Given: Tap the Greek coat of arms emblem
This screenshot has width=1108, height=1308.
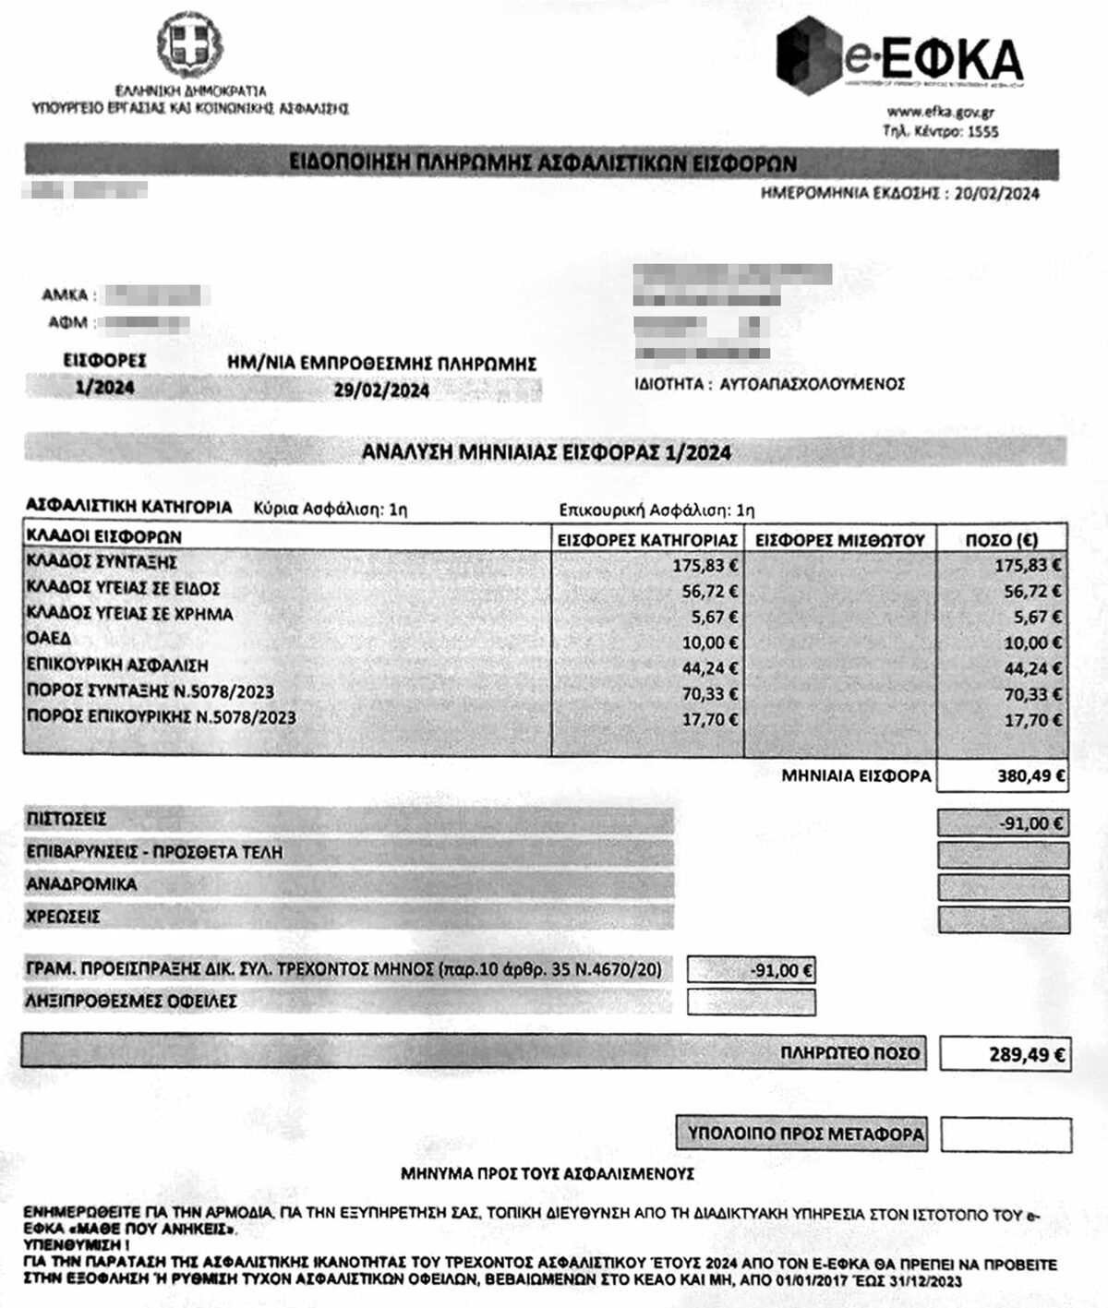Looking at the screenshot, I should pyautogui.click(x=189, y=46).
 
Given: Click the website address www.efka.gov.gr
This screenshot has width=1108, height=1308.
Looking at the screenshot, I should pyautogui.click(x=940, y=113).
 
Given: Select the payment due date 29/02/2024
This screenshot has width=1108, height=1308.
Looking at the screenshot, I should pyautogui.click(x=381, y=390).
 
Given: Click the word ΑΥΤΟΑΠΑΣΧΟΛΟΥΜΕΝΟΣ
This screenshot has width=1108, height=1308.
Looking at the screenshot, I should pyautogui.click(x=812, y=384).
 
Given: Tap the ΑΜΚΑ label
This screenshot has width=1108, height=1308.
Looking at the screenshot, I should pyautogui.click(x=65, y=295).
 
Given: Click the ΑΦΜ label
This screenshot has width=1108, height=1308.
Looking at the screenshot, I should pyautogui.click(x=67, y=323).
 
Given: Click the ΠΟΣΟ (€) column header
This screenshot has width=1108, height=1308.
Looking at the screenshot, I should pyautogui.click(x=1001, y=540).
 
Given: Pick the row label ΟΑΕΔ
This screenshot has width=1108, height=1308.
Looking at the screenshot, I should pyautogui.click(x=48, y=639).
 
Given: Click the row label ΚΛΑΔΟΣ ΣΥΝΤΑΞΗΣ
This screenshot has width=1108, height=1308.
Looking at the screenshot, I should pyautogui.click(x=102, y=562).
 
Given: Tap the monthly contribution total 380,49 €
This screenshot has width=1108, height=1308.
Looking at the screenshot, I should pyautogui.click(x=1030, y=776).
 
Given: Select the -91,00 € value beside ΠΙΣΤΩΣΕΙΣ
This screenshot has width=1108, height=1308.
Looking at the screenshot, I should pyautogui.click(x=1031, y=823).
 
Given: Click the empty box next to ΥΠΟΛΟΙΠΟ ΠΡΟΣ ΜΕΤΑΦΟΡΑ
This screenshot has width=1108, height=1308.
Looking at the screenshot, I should pyautogui.click(x=1006, y=1134).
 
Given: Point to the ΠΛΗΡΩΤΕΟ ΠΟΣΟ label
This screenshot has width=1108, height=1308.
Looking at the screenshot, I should pyautogui.click(x=849, y=1053).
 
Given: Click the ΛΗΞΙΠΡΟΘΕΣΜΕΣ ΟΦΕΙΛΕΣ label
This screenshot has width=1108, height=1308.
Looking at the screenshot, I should pyautogui.click(x=131, y=1001).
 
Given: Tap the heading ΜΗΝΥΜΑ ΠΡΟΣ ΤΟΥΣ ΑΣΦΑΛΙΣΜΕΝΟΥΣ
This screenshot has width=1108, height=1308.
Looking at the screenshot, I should pyautogui.click(x=547, y=1174).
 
